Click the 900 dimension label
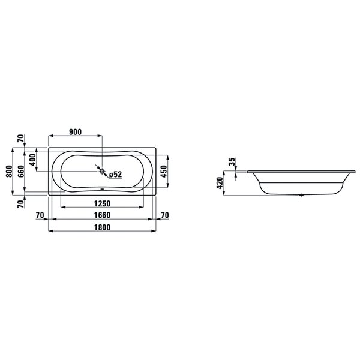coord(76,132)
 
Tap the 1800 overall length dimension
coord(102,227)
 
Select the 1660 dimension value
coord(102,215)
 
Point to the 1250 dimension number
coord(102,203)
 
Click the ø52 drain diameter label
coord(115,175)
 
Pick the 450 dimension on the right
coord(164,171)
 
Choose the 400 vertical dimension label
coord(33,160)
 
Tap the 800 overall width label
coord(9,171)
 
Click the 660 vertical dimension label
coord(20,171)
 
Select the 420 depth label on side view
coord(220,183)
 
